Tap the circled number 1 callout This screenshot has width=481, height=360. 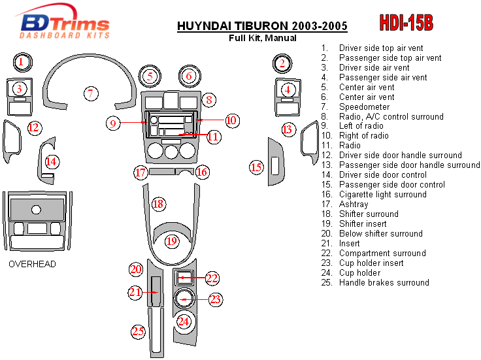pos(21,63)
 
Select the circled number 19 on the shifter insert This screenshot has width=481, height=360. pos(171,241)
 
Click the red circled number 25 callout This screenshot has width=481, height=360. pos(138,331)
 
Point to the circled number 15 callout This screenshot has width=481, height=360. pos(257,167)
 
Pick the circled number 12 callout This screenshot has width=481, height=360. pos(34,127)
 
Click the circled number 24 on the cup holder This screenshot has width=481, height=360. pos(184,321)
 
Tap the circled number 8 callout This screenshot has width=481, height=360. pos(208,100)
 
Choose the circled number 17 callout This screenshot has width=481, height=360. pos(141,172)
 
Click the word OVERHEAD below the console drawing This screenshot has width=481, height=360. pos(32,264)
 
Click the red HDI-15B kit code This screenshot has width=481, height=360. pos(406,23)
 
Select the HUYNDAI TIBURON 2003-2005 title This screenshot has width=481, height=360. pos(262,27)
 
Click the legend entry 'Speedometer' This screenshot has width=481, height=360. pos(364,106)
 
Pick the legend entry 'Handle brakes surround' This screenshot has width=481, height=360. pos(384,282)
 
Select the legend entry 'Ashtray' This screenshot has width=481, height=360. pos(354,204)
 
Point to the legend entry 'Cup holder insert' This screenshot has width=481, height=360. pos(371,263)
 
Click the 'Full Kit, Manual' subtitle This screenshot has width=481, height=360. pos(262,38)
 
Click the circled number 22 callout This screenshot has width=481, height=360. pos(212,278)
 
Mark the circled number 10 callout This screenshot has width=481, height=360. pos(231,120)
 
